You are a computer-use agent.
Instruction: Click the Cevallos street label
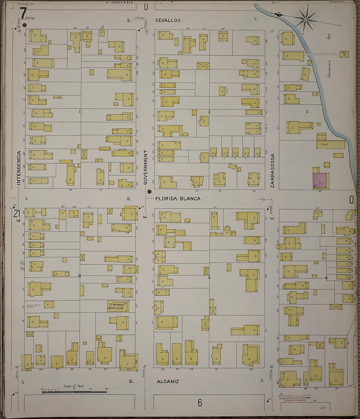coord(168,20)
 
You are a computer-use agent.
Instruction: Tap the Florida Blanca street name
coord(178,199)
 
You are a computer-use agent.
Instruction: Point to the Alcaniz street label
coord(168,381)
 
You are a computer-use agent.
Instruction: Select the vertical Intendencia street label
coord(19,168)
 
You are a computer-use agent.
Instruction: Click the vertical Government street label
coord(146,168)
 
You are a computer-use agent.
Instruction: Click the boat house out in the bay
coord(344,54)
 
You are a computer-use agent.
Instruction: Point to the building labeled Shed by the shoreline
coord(331,144)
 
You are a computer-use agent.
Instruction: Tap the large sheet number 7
coord(23,13)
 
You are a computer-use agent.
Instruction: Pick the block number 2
coord(209,112)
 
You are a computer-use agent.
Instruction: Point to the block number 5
coord(209,278)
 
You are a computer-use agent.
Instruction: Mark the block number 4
coord(326,278)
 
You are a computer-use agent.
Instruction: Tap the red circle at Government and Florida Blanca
coord(149,191)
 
